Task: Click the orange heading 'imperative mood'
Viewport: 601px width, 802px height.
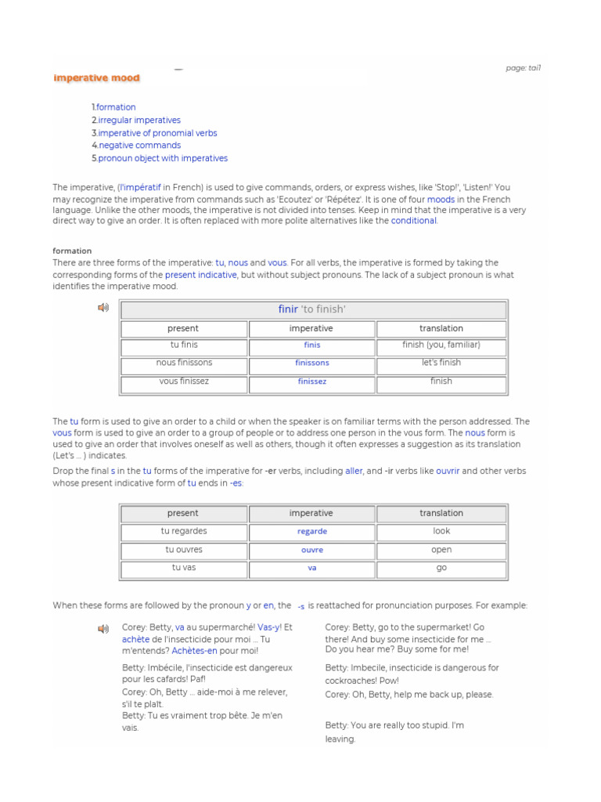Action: click(x=96, y=78)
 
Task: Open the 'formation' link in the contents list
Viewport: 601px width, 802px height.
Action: click(x=116, y=107)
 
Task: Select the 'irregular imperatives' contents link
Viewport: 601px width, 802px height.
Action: click(x=139, y=120)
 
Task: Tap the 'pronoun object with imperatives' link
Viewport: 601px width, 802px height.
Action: click(x=163, y=158)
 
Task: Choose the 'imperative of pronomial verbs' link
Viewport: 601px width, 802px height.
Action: click(x=157, y=133)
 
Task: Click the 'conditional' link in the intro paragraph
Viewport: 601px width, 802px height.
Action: click(x=414, y=221)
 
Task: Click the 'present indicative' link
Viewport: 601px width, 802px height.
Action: click(x=200, y=275)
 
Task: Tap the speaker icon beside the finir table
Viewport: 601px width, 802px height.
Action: click(x=103, y=308)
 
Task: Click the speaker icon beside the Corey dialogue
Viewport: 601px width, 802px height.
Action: click(x=103, y=629)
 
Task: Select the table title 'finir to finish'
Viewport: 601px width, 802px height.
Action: click(x=312, y=309)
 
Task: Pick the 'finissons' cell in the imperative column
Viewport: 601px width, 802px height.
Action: click(x=311, y=363)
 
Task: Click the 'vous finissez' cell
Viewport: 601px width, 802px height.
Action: click(x=184, y=381)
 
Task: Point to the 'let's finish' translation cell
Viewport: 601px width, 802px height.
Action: click(x=441, y=363)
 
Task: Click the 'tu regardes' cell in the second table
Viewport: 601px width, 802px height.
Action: click(x=184, y=531)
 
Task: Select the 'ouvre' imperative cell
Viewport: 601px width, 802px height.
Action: click(x=311, y=550)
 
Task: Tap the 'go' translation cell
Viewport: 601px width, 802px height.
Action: click(x=441, y=568)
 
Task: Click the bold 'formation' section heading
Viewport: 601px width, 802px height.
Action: click(x=72, y=251)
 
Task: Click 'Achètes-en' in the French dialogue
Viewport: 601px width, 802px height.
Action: click(x=194, y=651)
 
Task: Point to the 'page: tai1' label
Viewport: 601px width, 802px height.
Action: click(x=523, y=68)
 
